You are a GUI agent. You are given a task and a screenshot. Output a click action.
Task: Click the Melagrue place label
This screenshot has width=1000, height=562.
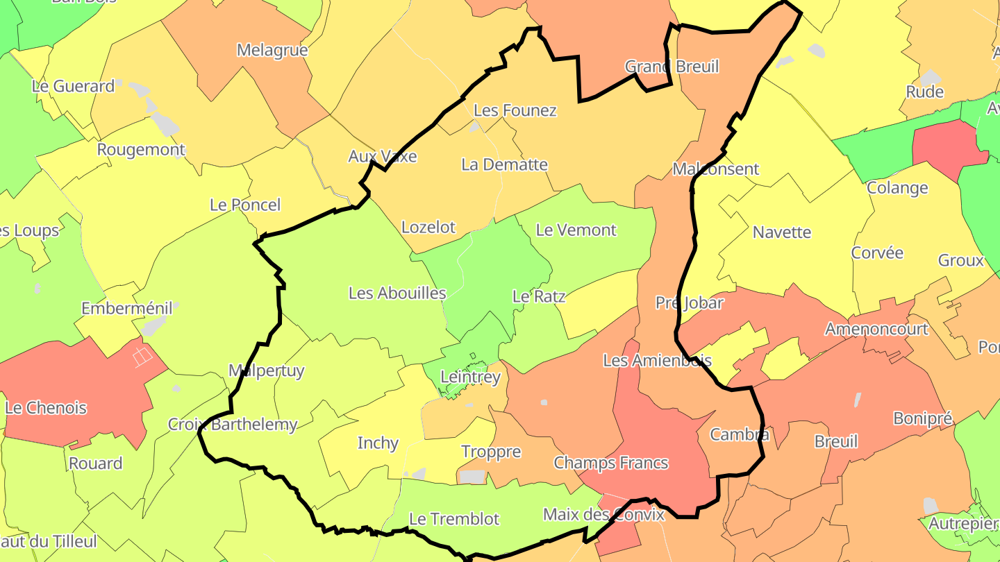(x=272, y=50)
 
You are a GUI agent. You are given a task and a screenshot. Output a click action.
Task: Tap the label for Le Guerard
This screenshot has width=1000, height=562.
(x=73, y=86)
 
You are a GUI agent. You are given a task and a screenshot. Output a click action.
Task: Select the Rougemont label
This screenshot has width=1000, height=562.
(x=141, y=149)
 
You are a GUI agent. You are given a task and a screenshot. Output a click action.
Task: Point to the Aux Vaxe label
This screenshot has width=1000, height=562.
(x=383, y=156)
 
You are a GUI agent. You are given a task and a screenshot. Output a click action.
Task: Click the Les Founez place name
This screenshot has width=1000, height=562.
(x=515, y=110)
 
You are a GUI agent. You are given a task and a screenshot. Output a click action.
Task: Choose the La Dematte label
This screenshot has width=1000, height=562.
(x=504, y=164)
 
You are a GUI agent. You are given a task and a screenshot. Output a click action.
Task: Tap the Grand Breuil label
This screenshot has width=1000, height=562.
(x=672, y=67)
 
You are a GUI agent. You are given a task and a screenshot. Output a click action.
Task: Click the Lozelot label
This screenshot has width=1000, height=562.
(x=428, y=227)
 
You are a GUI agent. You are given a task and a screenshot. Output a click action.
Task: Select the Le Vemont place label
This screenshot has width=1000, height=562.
(x=576, y=230)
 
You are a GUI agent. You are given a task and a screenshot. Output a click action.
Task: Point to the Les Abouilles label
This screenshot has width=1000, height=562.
(x=397, y=293)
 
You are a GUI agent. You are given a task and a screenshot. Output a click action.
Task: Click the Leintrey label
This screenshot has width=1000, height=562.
(x=470, y=377)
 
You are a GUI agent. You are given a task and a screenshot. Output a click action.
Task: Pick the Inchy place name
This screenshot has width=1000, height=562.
(x=378, y=443)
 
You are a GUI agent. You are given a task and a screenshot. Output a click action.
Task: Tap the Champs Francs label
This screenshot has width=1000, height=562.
(x=610, y=462)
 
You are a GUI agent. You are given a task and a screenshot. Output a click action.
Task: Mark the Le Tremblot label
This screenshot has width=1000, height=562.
(x=454, y=518)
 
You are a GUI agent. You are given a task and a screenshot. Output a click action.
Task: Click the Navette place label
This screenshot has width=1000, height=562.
(x=782, y=232)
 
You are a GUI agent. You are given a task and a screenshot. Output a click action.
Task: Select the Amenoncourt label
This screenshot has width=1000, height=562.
(x=876, y=328)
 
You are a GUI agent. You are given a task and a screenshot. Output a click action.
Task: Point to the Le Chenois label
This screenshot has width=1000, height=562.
(x=46, y=407)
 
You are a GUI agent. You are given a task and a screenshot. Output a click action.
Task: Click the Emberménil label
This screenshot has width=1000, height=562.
(x=126, y=308)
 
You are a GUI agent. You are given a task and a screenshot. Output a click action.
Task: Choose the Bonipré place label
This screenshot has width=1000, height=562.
(x=922, y=418)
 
